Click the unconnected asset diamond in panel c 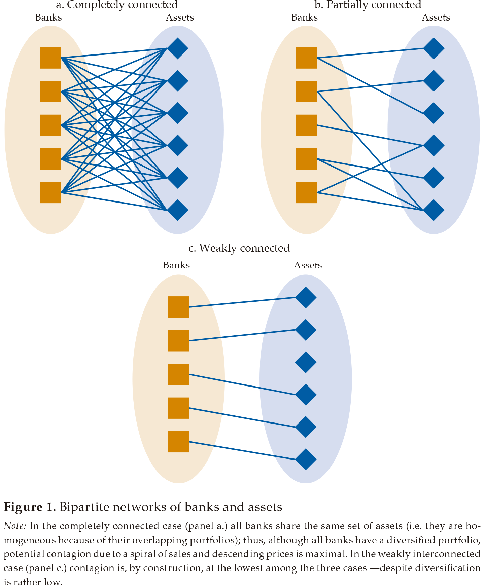306,362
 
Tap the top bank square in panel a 50,58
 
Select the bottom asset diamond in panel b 434,210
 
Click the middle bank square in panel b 307,125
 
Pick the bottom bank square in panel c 178,442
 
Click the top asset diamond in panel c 306,297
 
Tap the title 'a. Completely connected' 116,5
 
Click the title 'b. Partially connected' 368,5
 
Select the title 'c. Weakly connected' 239,248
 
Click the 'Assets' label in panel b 436,17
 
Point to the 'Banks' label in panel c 176,265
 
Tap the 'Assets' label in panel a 179,17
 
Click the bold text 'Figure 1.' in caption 30,507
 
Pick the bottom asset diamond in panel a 177,210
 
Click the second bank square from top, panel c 178,341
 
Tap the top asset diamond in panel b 434,48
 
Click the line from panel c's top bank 242,302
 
